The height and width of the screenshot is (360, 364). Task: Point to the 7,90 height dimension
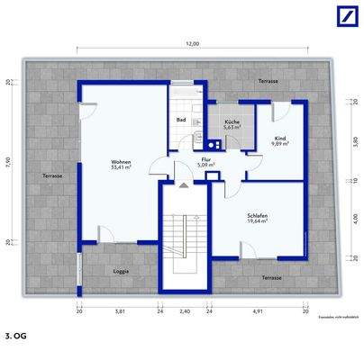point(8,162)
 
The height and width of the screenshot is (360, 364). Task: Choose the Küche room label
point(231,123)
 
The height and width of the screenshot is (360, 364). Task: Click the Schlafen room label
point(258,217)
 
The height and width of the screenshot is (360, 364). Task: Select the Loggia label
point(120,271)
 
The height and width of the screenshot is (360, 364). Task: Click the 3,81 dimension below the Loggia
point(120,311)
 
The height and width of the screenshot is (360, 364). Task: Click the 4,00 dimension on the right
point(355,217)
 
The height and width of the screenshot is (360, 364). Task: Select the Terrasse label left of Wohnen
point(51,175)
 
